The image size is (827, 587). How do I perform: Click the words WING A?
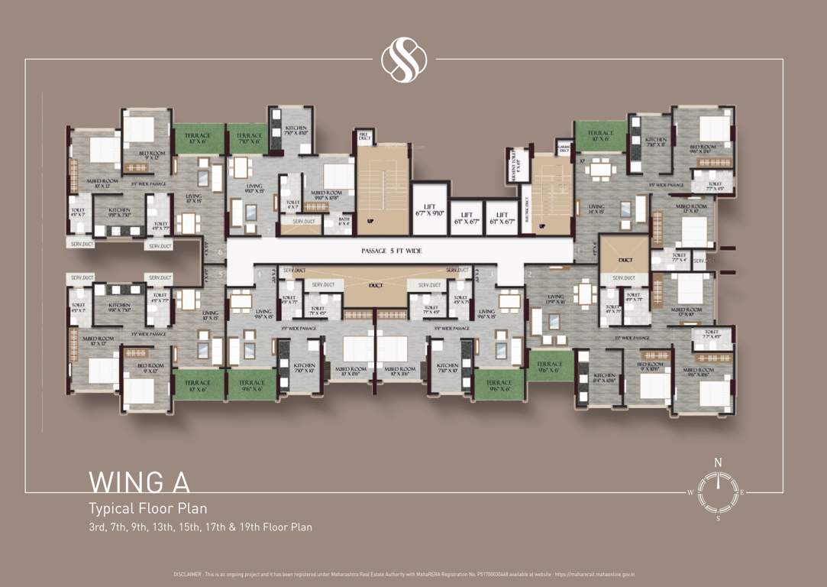[x=139, y=482]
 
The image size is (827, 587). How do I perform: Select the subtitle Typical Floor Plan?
[x=148, y=508]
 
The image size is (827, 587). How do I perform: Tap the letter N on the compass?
[x=717, y=462]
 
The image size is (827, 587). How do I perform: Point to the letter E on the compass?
[x=741, y=493]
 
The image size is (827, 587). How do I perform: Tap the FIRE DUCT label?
[x=364, y=137]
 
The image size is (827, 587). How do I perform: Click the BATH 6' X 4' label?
[x=344, y=221]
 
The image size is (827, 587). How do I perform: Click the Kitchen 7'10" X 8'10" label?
[x=296, y=131]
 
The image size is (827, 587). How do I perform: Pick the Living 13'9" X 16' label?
[x=555, y=300]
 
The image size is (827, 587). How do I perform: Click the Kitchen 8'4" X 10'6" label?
[x=604, y=378]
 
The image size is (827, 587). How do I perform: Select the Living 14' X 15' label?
[x=596, y=209]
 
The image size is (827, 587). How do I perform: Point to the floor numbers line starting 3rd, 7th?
[x=200, y=527]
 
